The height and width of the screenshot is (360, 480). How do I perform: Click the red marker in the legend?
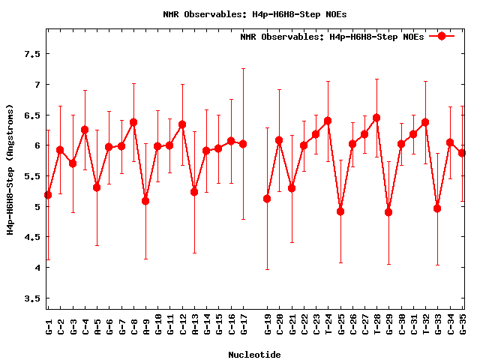(x=442, y=36)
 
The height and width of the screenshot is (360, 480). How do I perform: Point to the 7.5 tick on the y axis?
(x=31, y=54)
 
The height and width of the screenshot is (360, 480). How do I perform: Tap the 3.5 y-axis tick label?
(x=31, y=298)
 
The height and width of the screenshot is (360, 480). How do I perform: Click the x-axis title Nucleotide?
(x=254, y=355)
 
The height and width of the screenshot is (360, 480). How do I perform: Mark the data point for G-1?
(x=48, y=195)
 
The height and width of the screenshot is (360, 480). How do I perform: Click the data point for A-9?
(x=145, y=201)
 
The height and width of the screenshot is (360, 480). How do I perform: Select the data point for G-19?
(x=267, y=199)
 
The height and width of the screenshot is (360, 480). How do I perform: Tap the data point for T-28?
(x=376, y=118)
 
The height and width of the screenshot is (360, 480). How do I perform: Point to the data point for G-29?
(x=388, y=212)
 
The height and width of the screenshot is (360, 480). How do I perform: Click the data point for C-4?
(x=85, y=130)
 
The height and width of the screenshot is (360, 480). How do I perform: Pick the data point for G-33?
(x=437, y=208)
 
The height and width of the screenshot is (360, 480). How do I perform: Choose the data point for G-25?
(x=340, y=211)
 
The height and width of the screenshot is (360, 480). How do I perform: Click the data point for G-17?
(x=243, y=144)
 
